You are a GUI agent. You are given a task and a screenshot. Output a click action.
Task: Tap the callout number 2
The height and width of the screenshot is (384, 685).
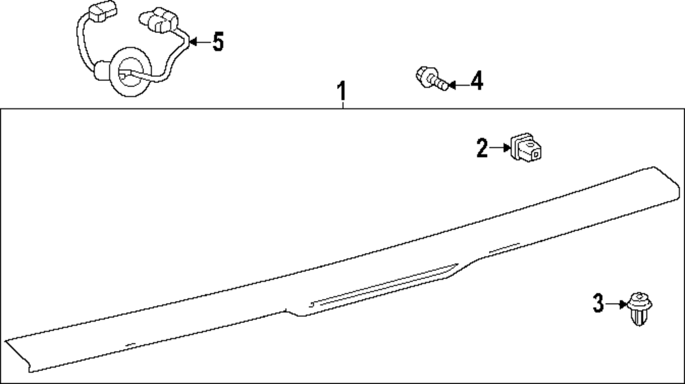pyautogui.click(x=482, y=148)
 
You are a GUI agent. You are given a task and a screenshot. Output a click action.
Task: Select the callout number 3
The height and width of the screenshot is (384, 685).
pyautogui.click(x=598, y=303)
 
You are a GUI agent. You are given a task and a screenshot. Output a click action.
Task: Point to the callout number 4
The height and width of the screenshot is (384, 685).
pyautogui.click(x=477, y=82)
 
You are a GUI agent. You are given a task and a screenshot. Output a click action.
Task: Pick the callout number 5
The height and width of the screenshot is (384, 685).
pyautogui.click(x=218, y=42)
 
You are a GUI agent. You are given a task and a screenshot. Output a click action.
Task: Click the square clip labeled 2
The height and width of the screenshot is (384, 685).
pyautogui.click(x=527, y=147)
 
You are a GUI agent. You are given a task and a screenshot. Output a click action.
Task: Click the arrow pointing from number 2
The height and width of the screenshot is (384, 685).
pyautogui.click(x=499, y=148)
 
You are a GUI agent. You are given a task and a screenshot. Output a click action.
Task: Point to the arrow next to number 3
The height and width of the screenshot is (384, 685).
pyautogui.click(x=616, y=304)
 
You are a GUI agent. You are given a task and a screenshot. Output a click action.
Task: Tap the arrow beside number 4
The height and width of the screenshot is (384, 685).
pyautogui.click(x=458, y=84)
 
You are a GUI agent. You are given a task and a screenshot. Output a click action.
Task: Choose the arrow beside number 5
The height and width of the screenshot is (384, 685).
pyautogui.click(x=200, y=42)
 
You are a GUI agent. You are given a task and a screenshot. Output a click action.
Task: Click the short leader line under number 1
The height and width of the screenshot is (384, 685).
pyautogui.click(x=342, y=104)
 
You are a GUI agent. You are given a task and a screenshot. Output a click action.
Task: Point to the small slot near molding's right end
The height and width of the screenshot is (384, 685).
pyautogui.click(x=504, y=248)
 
